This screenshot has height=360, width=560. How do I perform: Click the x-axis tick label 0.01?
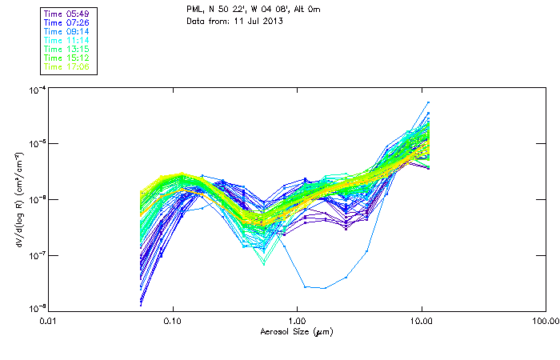[x=50, y=322]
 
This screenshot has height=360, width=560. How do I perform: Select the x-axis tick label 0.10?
[x=173, y=322]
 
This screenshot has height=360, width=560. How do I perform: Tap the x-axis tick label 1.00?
[x=297, y=322]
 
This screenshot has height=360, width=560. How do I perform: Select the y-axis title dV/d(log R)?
[x=18, y=198]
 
